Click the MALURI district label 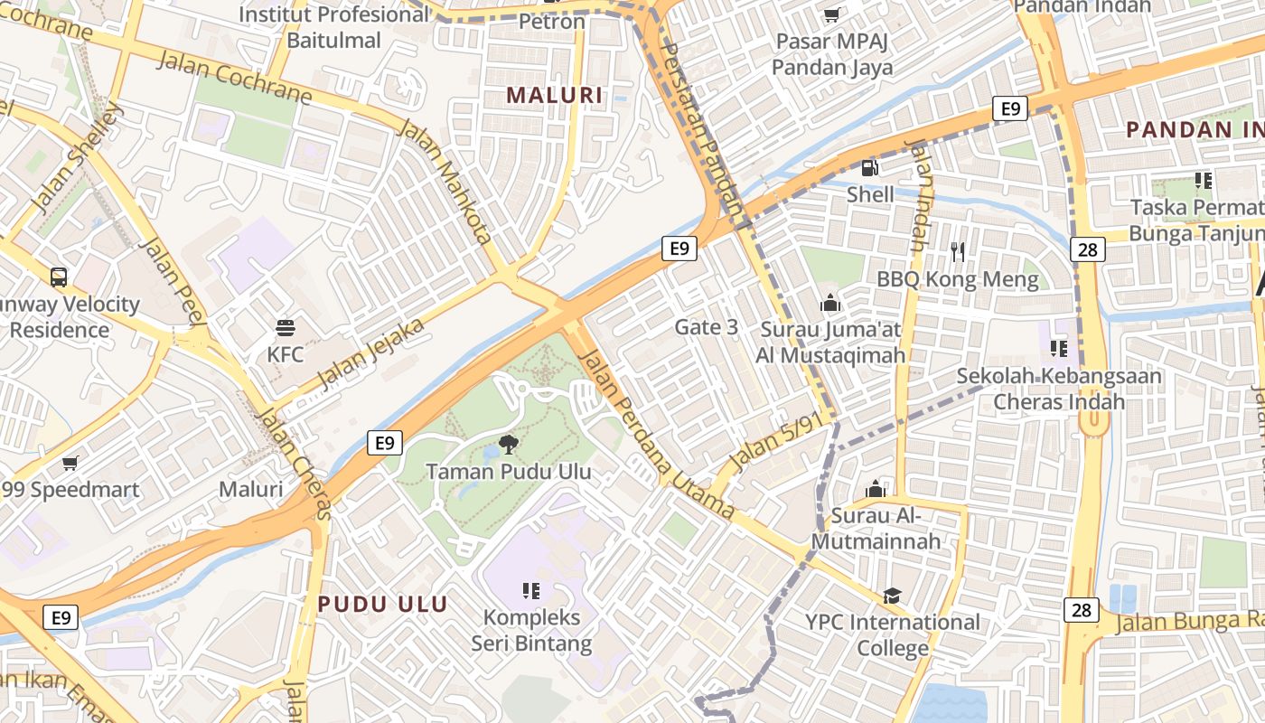(554, 95)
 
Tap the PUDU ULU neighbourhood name (382, 604)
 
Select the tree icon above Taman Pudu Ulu (509, 444)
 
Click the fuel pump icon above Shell (870, 167)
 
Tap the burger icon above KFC (286, 326)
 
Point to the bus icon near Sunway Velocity (59, 277)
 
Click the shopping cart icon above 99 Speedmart (70, 464)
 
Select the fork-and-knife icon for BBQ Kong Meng (958, 252)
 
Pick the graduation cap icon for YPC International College (892, 595)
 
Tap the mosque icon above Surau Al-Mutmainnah (875, 489)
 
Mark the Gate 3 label (706, 327)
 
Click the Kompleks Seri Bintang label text (531, 631)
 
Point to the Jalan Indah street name (917, 195)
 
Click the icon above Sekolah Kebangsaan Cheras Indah (1059, 348)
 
